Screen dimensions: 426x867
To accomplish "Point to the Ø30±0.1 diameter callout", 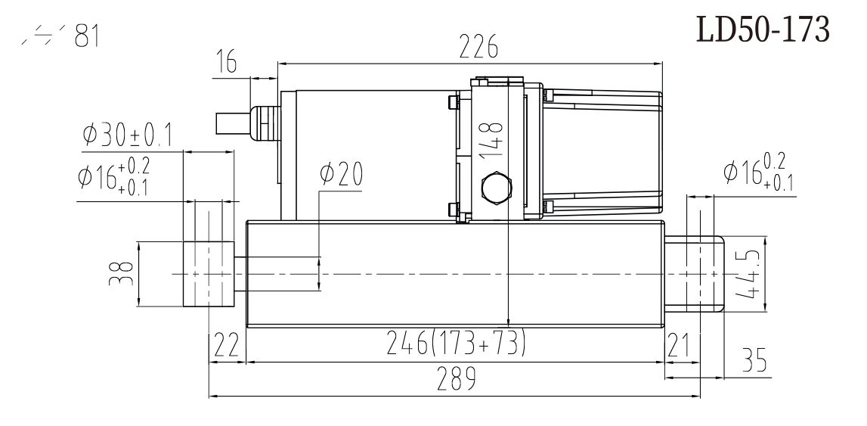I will pos(127,136).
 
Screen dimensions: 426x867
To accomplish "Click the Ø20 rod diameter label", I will pos(340,175).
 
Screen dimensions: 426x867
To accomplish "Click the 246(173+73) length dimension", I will pos(456,343).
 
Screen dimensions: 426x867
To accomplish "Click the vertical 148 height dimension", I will pos(493,136).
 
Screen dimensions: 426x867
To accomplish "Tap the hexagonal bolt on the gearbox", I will pos(494,188).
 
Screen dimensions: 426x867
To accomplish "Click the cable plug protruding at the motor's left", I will pos(234,122).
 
